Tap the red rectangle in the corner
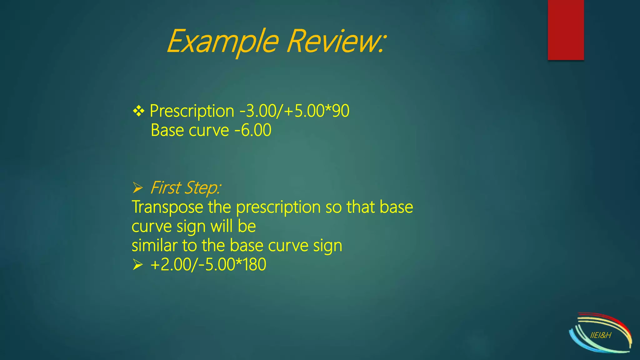click(566, 30)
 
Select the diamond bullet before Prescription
click(138, 111)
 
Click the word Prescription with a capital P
click(192, 111)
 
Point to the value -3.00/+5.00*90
click(294, 111)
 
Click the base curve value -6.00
click(253, 130)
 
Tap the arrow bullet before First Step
click(137, 188)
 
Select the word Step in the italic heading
click(202, 188)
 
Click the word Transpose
click(167, 207)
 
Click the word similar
click(154, 246)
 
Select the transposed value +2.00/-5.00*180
click(208, 265)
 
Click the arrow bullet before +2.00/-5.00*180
click(137, 265)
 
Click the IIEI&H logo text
click(601, 336)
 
